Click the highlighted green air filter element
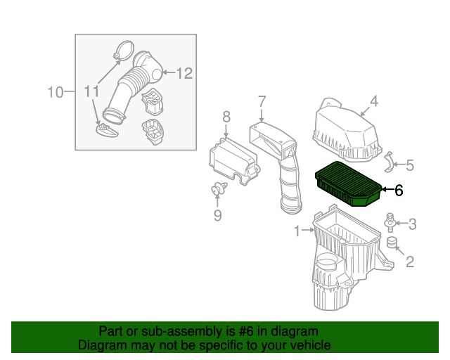point(349,184)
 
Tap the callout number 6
point(399,190)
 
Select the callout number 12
point(184,73)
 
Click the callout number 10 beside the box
point(55,92)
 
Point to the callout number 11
point(91,91)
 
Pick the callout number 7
point(262,102)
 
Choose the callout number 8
point(226,117)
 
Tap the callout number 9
point(218,215)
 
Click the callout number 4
point(374,101)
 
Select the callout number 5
point(410,165)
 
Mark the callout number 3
point(412,224)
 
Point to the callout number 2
point(410,262)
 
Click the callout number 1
point(297,231)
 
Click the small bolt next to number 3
point(390,222)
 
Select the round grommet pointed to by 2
point(391,243)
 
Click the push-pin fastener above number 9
point(219,188)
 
